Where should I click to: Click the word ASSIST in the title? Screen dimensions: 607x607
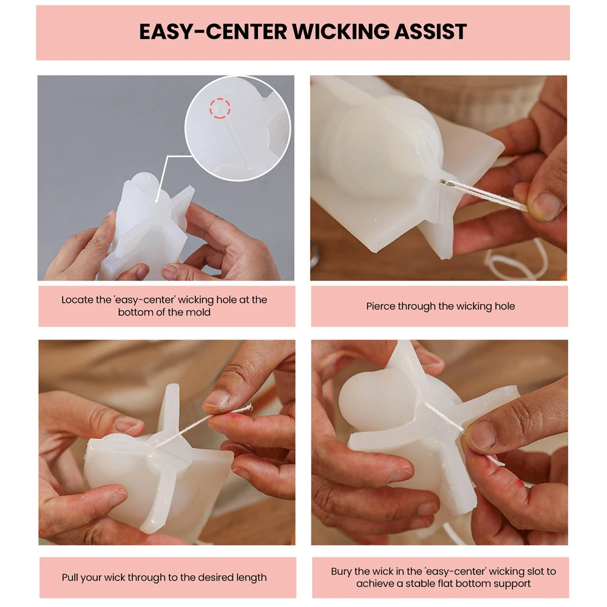click(430, 32)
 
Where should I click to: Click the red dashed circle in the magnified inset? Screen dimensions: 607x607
click(220, 108)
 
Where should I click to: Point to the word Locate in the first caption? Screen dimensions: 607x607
click(77, 300)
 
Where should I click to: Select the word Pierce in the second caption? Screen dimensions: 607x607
click(380, 306)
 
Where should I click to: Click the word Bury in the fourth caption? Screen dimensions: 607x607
click(341, 571)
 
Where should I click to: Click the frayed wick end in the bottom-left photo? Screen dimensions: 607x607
click(248, 408)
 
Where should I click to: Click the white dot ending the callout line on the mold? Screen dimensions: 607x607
click(156, 201)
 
